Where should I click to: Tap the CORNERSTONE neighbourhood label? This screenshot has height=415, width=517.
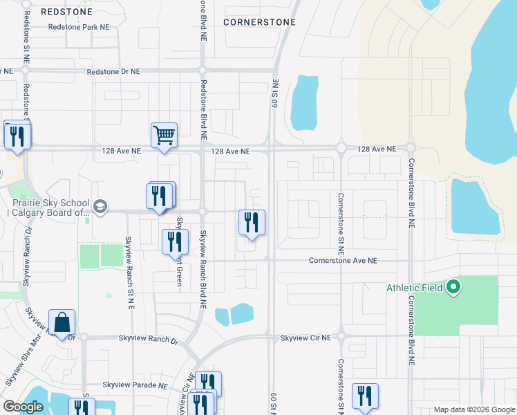tap(260, 22)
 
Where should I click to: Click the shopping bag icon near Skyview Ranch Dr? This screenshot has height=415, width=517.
tap(62, 322)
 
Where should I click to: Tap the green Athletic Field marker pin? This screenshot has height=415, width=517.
tap(453, 286)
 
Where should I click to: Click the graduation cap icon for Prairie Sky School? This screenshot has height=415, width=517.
tap(100, 207)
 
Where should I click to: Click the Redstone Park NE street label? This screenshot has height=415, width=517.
tap(79, 27)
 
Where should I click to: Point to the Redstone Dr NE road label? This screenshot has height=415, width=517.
tap(113, 71)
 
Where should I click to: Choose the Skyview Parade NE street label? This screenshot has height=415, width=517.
tap(135, 385)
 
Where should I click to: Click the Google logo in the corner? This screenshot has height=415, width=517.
tap(23, 407)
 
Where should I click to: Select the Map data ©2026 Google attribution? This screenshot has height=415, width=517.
tap(473, 409)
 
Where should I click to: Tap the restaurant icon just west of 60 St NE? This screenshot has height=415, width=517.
tap(252, 222)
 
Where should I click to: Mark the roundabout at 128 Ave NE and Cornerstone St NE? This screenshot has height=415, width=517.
tap(341, 147)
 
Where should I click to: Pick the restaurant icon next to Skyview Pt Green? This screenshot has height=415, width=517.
tap(175, 241)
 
